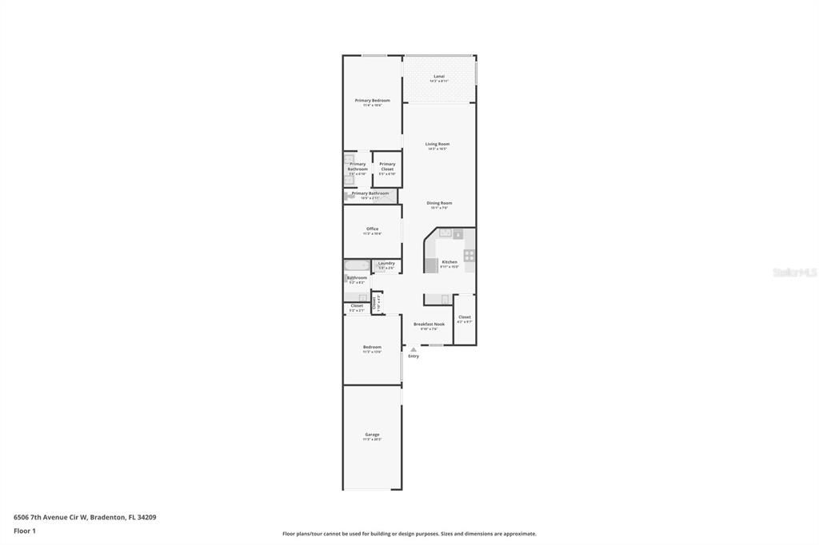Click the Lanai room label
(x=439, y=77)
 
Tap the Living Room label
(x=437, y=145)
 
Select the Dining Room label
(x=439, y=203)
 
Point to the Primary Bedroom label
(x=373, y=101)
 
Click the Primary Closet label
(x=387, y=165)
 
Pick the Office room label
(x=373, y=229)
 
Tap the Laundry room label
(x=386, y=263)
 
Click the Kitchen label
(x=449, y=262)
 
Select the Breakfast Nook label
(x=429, y=324)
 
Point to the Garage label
(x=373, y=435)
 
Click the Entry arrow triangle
(x=413, y=349)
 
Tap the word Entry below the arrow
(x=413, y=356)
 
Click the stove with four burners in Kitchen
(x=469, y=256)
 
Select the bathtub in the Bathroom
(x=357, y=265)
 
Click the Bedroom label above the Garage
(x=373, y=347)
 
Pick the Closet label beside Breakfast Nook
(x=465, y=317)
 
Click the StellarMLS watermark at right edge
(x=794, y=272)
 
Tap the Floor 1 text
(x=25, y=531)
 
